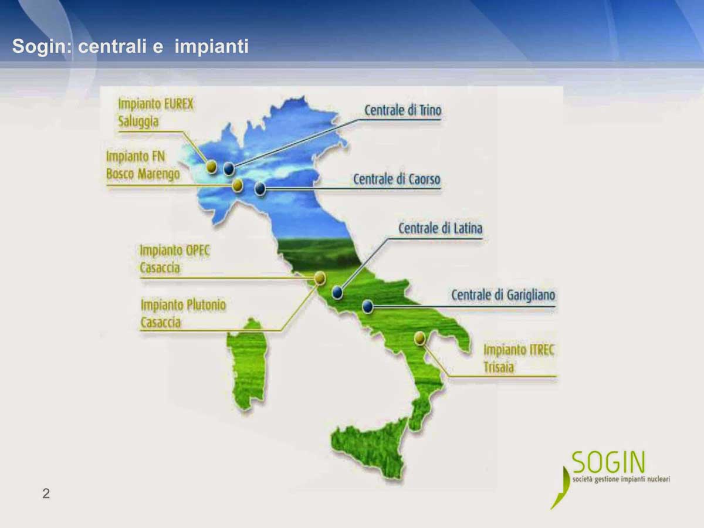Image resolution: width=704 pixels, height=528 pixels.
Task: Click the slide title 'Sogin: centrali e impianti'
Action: [x=130, y=46]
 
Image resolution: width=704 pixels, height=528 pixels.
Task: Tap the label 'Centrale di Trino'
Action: [x=403, y=110]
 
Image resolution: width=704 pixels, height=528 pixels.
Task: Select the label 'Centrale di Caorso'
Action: [x=397, y=179]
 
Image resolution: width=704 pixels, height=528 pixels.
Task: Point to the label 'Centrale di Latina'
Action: [x=441, y=228]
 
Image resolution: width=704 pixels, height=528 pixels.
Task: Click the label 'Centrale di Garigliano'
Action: [x=503, y=295]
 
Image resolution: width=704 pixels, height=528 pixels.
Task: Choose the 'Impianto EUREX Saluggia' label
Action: [x=156, y=113]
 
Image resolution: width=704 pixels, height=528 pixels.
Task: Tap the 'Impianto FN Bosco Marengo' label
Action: [x=143, y=165]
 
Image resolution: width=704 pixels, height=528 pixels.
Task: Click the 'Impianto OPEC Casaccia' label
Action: [x=175, y=259]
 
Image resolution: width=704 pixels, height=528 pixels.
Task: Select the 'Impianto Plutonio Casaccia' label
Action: [x=184, y=313]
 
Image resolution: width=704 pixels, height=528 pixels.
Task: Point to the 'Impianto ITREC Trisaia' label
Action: [x=519, y=358]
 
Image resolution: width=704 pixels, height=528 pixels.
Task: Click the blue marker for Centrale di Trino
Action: [x=229, y=168]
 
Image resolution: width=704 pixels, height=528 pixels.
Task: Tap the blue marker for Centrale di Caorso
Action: [x=260, y=189]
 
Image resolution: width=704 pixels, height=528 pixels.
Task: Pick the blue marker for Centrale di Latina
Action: [x=337, y=292]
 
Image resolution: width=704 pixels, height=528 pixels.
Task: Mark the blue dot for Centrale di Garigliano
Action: [x=368, y=306]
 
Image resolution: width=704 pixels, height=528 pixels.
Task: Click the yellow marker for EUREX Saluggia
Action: [x=211, y=167]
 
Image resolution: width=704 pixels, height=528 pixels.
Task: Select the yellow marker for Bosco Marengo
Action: [x=238, y=185]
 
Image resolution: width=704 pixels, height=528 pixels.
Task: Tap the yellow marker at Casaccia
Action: [x=320, y=278]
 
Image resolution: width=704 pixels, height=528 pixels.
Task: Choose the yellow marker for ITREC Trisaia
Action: [x=419, y=339]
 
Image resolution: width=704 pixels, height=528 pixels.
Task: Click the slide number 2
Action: [x=46, y=493]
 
